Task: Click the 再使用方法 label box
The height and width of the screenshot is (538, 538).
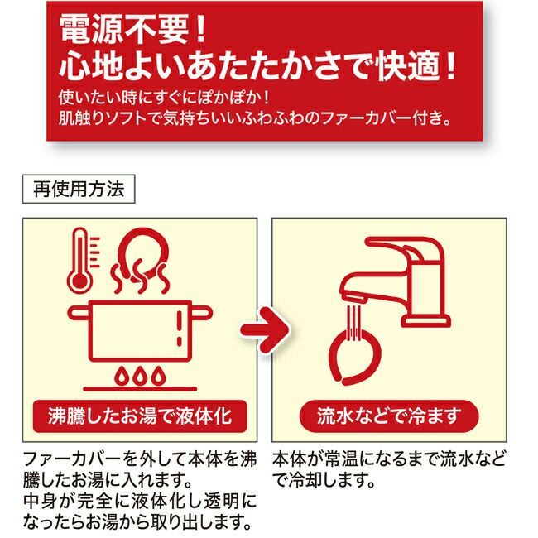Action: [79, 189]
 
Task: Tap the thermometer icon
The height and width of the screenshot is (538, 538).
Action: [82, 260]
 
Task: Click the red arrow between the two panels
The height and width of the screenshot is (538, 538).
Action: [265, 329]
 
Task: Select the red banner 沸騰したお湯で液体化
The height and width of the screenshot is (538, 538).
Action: [140, 416]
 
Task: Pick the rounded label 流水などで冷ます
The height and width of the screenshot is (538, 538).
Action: [389, 416]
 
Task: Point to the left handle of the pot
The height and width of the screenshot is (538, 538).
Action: [79, 313]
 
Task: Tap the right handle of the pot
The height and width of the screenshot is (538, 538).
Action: [202, 313]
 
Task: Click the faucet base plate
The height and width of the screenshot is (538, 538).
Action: [425, 321]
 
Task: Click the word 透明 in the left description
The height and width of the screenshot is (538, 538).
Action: [221, 502]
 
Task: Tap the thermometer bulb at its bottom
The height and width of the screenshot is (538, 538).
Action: [80, 281]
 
